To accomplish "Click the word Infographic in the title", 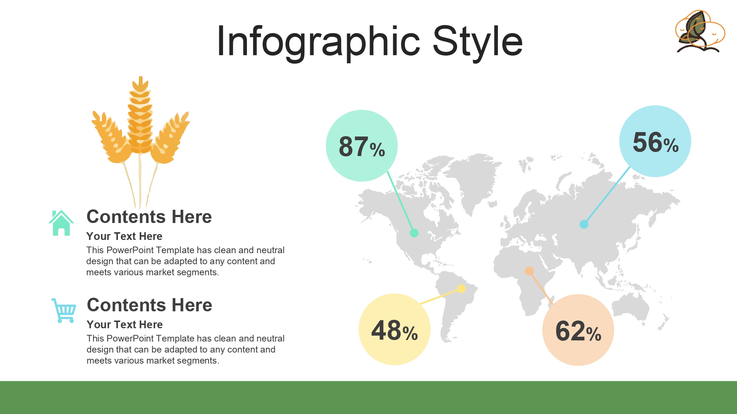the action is tap(318, 42).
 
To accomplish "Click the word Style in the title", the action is tap(478, 41).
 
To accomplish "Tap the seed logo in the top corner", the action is tap(700, 31).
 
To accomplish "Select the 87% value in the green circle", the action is tap(362, 146).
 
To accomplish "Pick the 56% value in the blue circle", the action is tap(656, 142).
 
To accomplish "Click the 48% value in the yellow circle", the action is tap(394, 330).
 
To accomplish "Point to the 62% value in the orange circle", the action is tap(578, 331).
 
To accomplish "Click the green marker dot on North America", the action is tap(414, 233).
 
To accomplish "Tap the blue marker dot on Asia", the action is tap(584, 224).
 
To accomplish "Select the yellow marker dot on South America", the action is tap(461, 289).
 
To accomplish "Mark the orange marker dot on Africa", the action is tap(529, 271).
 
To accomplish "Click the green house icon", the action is tap(61, 223).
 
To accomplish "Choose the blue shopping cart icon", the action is tap(64, 311).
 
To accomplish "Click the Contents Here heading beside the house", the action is tap(149, 216).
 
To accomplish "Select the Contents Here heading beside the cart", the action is tap(150, 305).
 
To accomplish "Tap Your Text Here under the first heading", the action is tap(124, 236).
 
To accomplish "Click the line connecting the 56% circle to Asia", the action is tap(607, 195).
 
